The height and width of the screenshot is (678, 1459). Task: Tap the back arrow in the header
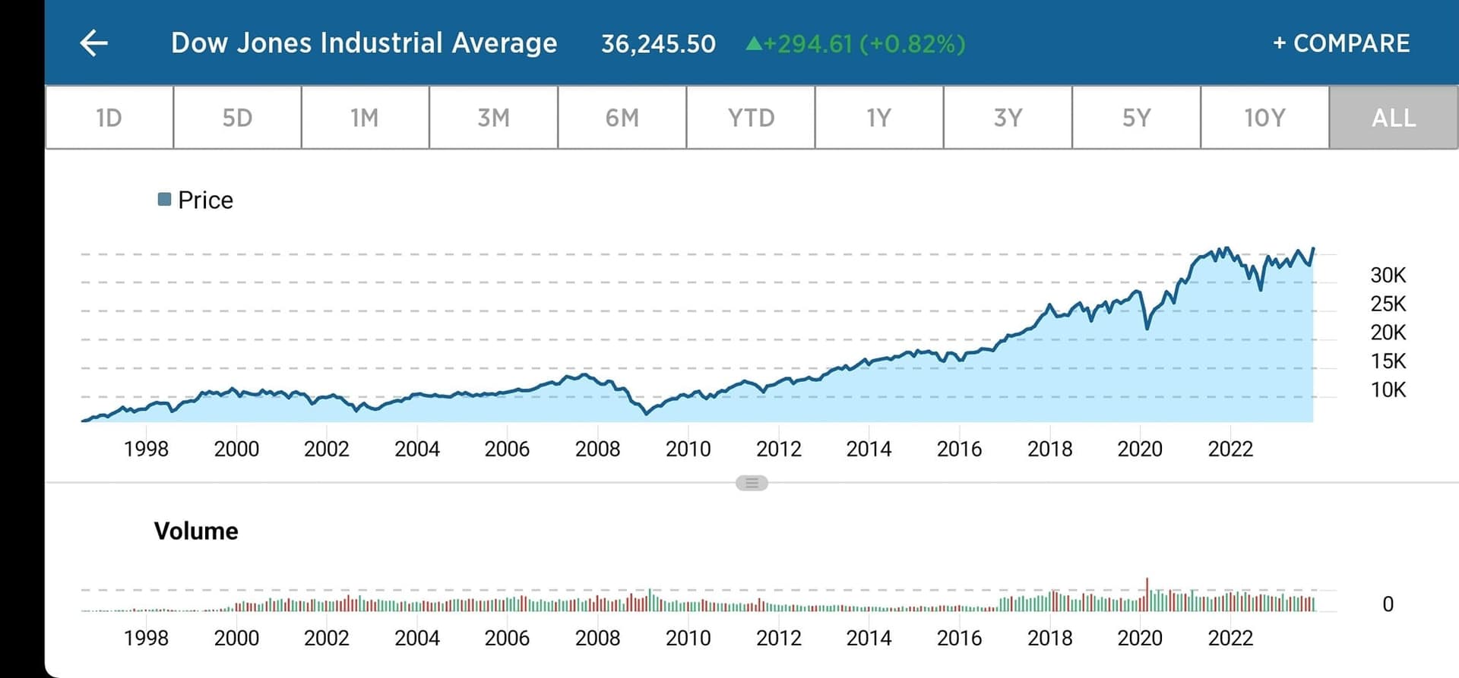click(94, 43)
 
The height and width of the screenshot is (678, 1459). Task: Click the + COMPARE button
click(1341, 43)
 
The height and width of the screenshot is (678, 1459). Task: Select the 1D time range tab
click(109, 118)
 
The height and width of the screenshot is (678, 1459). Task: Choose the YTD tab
click(751, 118)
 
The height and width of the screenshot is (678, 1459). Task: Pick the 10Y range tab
click(1264, 118)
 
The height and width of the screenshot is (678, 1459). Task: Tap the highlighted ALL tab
click(1394, 118)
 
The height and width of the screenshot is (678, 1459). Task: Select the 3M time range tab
click(493, 118)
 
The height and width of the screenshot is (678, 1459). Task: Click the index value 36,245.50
click(658, 44)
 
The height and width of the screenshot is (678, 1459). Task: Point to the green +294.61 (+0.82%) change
click(856, 44)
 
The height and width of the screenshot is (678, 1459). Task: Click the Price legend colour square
click(164, 200)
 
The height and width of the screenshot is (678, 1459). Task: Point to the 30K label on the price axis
click(1388, 275)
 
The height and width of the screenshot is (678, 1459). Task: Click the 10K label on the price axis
click(1388, 390)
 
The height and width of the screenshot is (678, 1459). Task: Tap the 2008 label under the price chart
click(597, 449)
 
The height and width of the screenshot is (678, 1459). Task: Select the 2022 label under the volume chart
click(1230, 638)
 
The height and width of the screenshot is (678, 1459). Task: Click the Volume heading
click(196, 531)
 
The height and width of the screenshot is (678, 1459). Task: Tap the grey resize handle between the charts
click(752, 483)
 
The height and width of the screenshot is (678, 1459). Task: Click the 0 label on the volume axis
click(1388, 604)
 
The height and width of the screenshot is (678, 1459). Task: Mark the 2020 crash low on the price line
click(1147, 328)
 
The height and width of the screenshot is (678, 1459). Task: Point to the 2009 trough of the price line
click(647, 413)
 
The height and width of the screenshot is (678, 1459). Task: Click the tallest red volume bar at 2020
click(1147, 594)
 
